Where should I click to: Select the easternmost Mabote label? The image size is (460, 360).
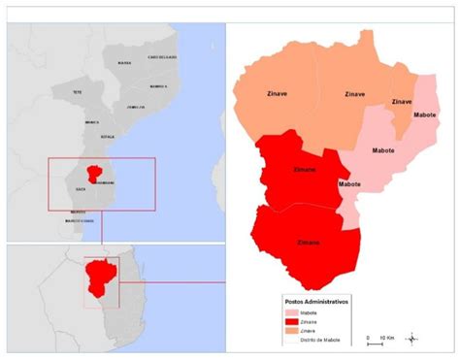425,115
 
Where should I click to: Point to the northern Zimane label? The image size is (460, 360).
305,170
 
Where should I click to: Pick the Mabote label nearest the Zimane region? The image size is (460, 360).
350,183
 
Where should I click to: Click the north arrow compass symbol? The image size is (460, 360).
413,338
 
